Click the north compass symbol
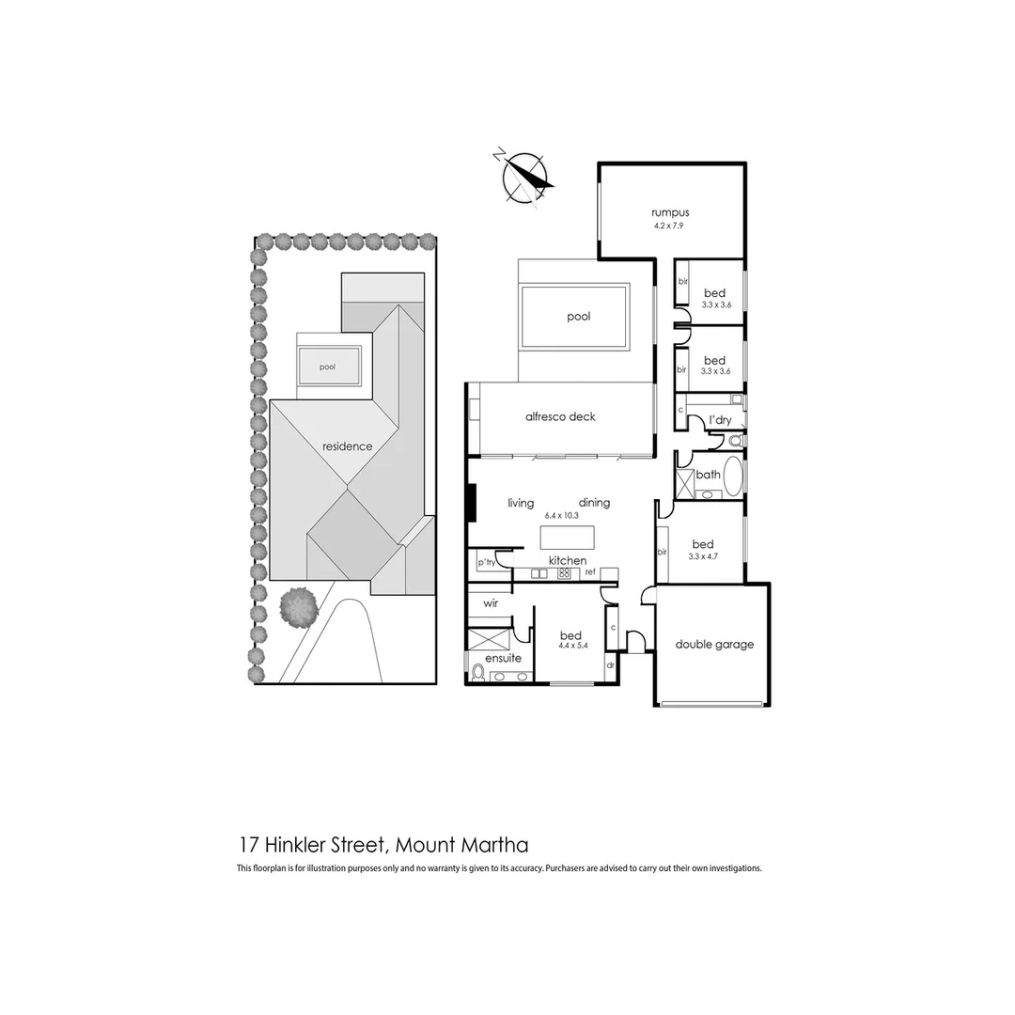(x=525, y=176)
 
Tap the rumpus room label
(x=670, y=212)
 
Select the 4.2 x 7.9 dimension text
(x=670, y=226)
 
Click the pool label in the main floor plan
(x=579, y=317)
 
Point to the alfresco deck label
(x=560, y=416)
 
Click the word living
(x=521, y=503)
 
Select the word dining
(x=594, y=503)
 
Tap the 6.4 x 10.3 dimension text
(x=561, y=516)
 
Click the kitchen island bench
(x=567, y=538)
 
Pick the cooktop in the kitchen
(x=565, y=572)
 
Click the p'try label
(x=486, y=562)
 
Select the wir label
(x=491, y=603)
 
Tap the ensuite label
(x=503, y=658)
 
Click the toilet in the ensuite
(x=477, y=672)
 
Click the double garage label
(x=714, y=645)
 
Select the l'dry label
(x=720, y=420)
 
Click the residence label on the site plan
(x=347, y=446)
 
